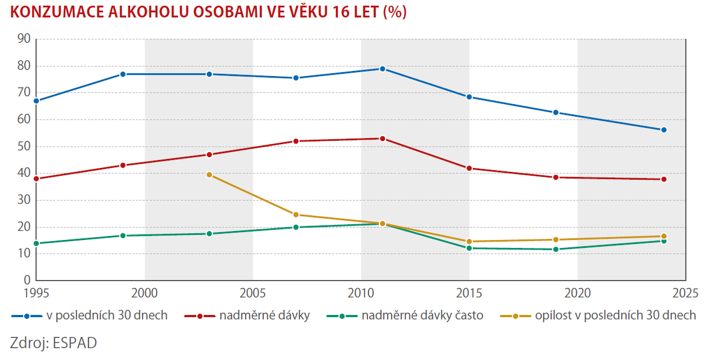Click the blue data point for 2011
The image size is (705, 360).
(382, 69)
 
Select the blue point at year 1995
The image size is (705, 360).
(36, 101)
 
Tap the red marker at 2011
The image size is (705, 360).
(382, 139)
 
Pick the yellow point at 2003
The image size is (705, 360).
(209, 175)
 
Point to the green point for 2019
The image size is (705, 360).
(556, 249)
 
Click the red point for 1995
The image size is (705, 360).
(36, 179)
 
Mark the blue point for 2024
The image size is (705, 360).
(664, 130)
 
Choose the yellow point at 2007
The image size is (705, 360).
(296, 215)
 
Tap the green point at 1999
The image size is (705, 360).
(122, 235)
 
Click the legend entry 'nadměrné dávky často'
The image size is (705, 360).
(422, 315)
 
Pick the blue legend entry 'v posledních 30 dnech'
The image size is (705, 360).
(107, 315)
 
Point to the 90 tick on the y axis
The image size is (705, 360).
(23, 39)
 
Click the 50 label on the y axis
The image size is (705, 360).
(23, 146)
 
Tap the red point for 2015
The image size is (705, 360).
(469, 168)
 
